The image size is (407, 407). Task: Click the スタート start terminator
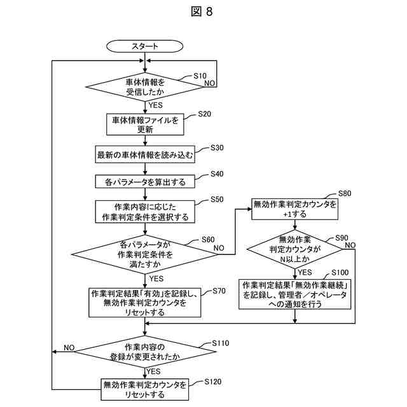click(144, 46)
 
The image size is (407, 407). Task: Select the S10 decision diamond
click(145, 86)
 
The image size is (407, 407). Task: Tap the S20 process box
click(145, 125)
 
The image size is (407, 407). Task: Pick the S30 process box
click(145, 155)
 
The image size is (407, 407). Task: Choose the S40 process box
click(145, 181)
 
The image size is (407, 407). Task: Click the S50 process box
click(145, 212)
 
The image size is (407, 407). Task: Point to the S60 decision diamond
click(145, 254)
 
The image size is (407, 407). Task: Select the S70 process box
click(145, 303)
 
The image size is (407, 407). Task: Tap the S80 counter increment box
click(294, 209)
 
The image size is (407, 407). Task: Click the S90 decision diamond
click(294, 249)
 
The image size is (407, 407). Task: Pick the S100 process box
click(294, 294)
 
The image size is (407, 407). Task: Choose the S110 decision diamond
click(145, 352)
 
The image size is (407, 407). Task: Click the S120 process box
click(145, 389)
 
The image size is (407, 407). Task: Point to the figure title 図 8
click(202, 11)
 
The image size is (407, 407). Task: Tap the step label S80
click(345, 193)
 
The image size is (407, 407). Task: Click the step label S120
click(213, 382)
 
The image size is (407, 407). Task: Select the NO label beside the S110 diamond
click(69, 348)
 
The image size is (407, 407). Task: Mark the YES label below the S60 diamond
click(156, 279)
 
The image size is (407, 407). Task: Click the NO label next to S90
click(350, 245)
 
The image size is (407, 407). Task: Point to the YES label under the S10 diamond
click(155, 105)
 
